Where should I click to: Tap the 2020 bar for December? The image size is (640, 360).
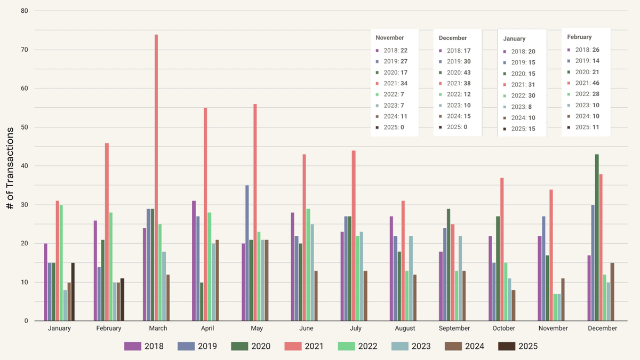(x=597, y=237)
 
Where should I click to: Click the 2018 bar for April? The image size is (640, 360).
(x=194, y=261)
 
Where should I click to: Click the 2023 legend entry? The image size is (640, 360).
(x=411, y=346)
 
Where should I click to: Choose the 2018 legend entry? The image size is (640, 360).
(x=144, y=346)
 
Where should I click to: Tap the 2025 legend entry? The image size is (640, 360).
(x=517, y=346)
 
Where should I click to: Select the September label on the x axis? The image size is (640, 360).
(x=454, y=329)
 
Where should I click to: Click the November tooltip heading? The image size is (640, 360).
(x=390, y=38)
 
